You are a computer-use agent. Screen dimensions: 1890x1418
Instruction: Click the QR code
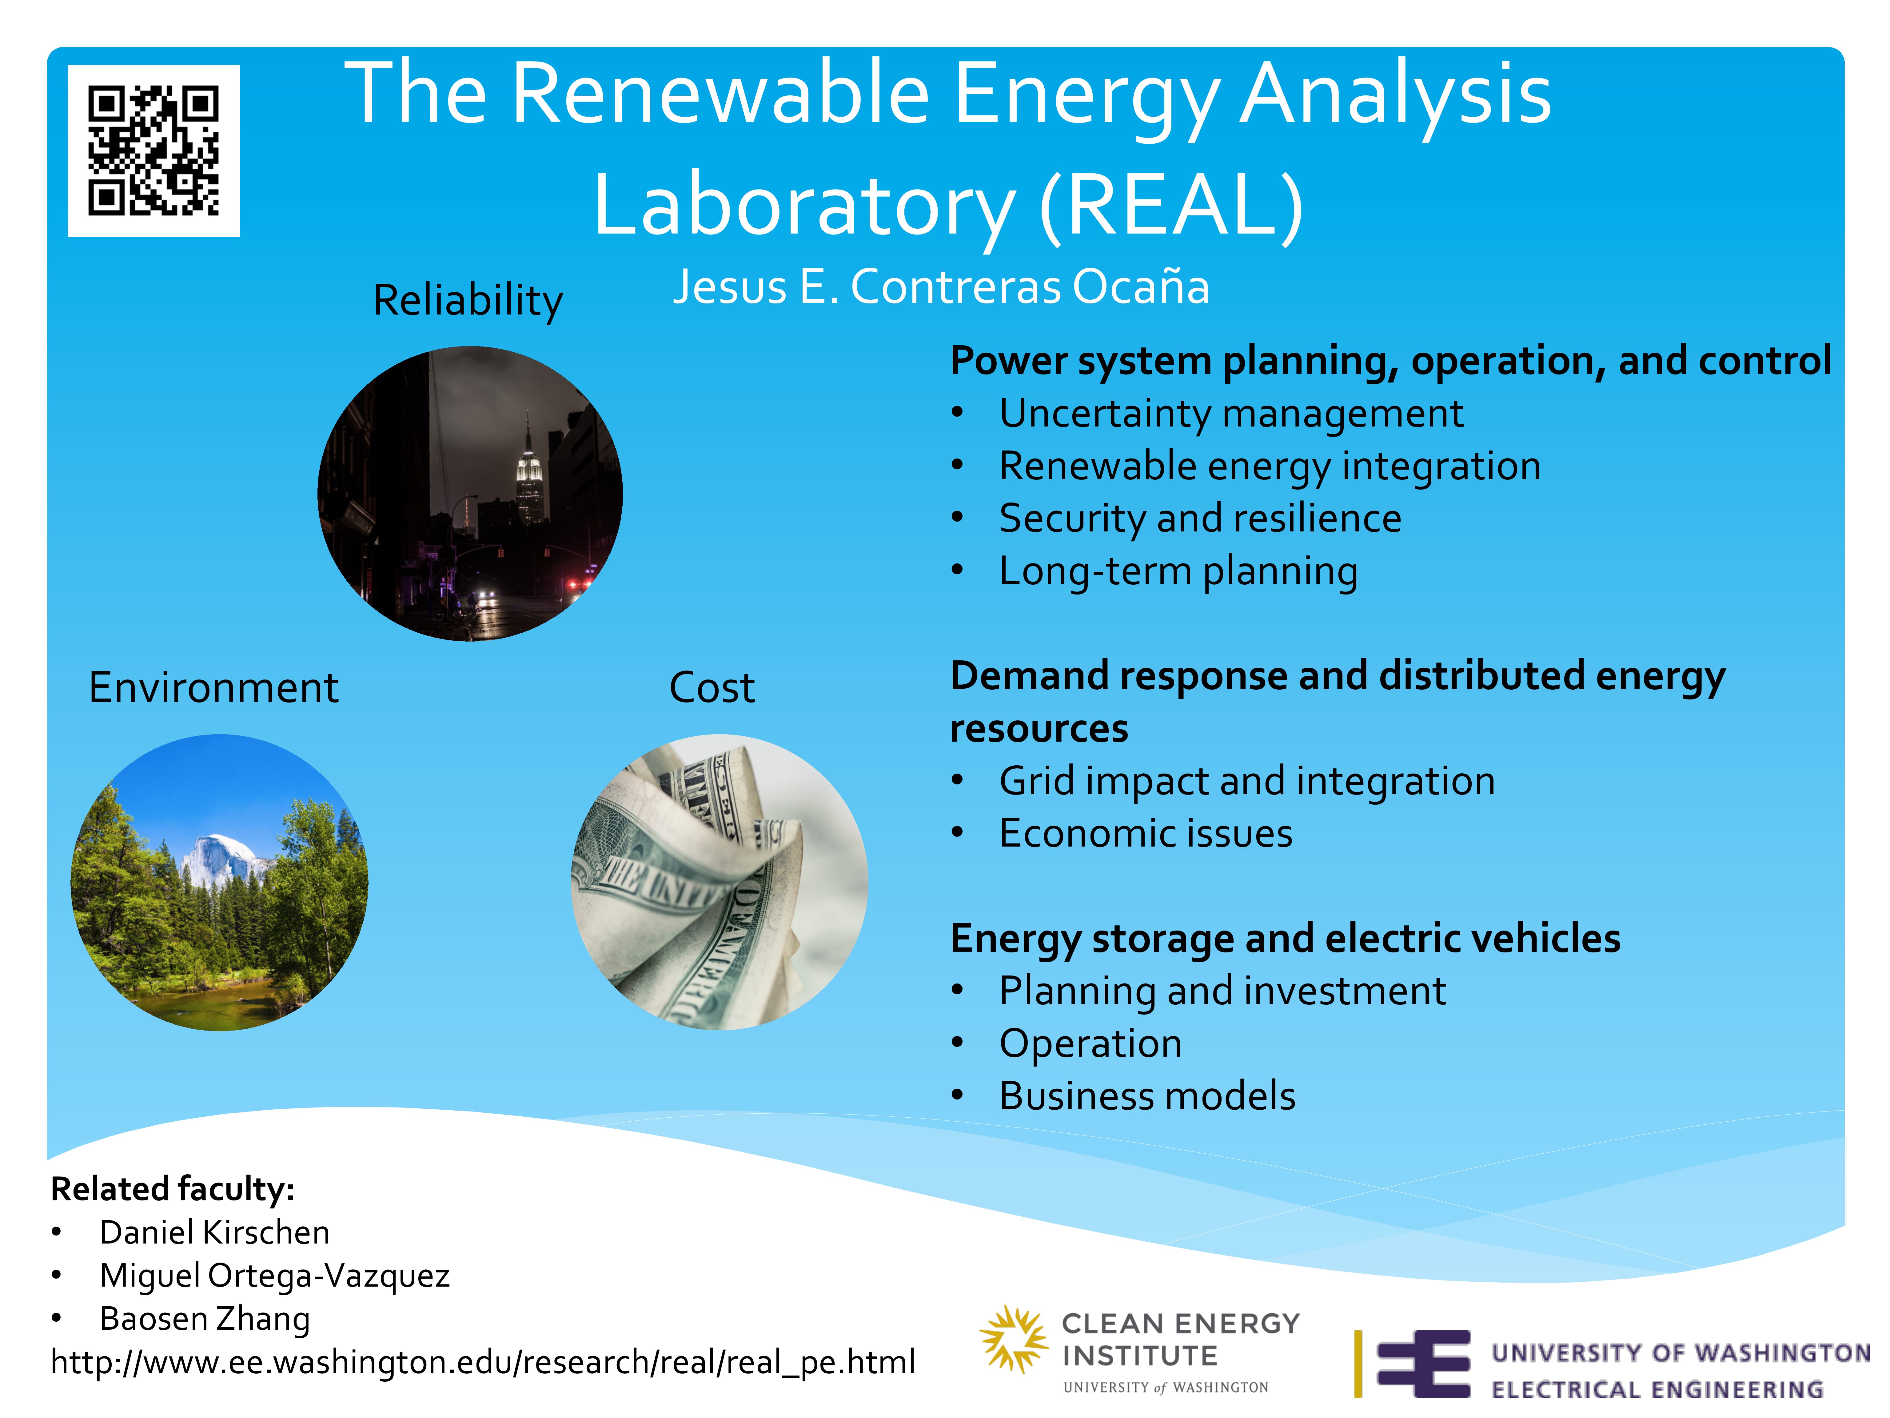pyautogui.click(x=154, y=150)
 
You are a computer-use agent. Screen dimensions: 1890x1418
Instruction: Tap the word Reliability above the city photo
pyautogui.click(x=468, y=301)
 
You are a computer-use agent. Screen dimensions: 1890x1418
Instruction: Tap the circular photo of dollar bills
pyautogui.click(x=720, y=882)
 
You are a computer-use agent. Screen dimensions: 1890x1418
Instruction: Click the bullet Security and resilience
pyautogui.click(x=1200, y=519)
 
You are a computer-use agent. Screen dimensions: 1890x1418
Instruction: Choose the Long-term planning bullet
pyautogui.click(x=1178, y=572)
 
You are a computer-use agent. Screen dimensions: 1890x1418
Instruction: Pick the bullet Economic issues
pyautogui.click(x=1146, y=833)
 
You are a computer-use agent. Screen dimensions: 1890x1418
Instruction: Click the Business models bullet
pyautogui.click(x=1147, y=1097)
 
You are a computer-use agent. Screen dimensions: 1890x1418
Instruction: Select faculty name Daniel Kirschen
pyautogui.click(x=214, y=1232)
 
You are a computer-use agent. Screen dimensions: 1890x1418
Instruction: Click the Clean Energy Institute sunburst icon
pyautogui.click(x=1013, y=1339)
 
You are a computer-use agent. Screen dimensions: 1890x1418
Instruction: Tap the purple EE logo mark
pyautogui.click(x=1423, y=1364)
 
